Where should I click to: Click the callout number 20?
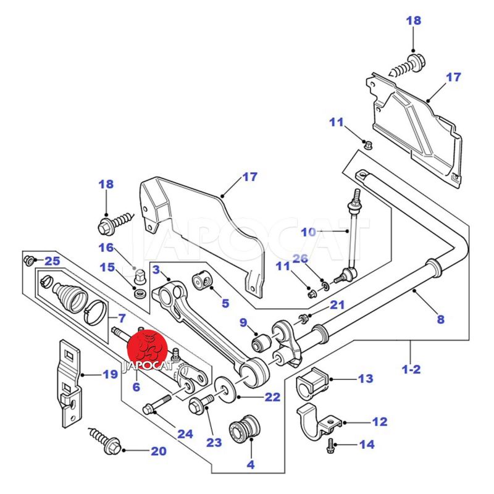159,451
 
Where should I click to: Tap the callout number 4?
251,464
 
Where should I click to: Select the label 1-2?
411,369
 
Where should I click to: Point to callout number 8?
441,319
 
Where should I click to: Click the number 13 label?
366,379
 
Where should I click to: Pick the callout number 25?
52,261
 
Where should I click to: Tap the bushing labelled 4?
245,430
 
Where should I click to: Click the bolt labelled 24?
157,404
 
